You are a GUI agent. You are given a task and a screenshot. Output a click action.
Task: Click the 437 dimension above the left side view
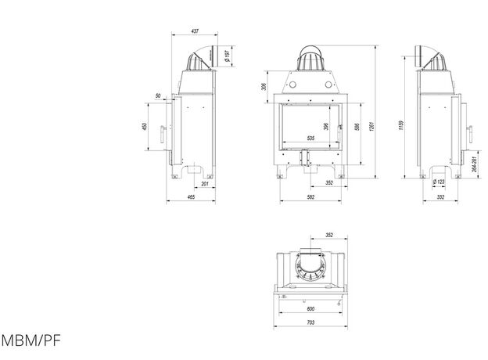(195, 31)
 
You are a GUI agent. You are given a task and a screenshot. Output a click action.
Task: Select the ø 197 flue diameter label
(228, 56)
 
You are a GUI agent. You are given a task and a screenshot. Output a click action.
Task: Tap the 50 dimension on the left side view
(158, 95)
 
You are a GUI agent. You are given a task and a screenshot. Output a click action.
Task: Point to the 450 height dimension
(145, 126)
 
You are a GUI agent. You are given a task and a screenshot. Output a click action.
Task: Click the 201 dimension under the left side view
(205, 184)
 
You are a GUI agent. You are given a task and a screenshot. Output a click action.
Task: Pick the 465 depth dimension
(191, 196)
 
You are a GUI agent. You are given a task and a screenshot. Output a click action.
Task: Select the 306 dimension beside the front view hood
(264, 87)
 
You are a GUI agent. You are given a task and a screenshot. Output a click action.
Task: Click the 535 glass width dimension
(310, 138)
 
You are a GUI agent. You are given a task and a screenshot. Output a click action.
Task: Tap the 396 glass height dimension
(326, 127)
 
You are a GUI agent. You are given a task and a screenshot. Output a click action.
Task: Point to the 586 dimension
(357, 127)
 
